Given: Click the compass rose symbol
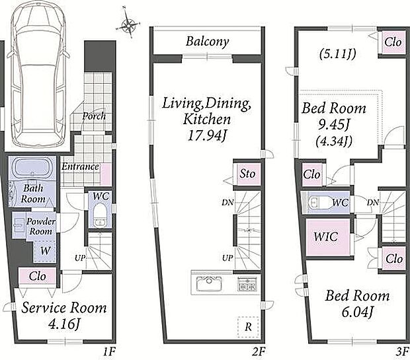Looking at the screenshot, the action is pyautogui.click(x=128, y=24).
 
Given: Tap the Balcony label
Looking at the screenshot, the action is pyautogui.click(x=208, y=42).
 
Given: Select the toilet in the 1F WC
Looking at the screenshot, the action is pyautogui.click(x=99, y=214).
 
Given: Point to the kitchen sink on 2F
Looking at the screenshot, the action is pyautogui.click(x=209, y=283).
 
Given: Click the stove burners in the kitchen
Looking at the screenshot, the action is pyautogui.click(x=247, y=284).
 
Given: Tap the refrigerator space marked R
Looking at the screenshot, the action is pyautogui.click(x=248, y=327).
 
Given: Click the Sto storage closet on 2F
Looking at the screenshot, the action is pyautogui.click(x=247, y=174).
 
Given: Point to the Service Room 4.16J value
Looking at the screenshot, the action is pyautogui.click(x=64, y=324).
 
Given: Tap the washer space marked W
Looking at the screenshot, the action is pyautogui.click(x=45, y=251).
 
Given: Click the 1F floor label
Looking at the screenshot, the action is pyautogui.click(x=108, y=352).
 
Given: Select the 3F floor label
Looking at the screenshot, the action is pyautogui.click(x=402, y=352).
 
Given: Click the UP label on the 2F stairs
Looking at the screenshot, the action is pyautogui.click(x=227, y=258).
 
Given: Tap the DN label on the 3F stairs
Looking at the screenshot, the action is pyautogui.click(x=373, y=202).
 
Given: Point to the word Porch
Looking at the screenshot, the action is pyautogui.click(x=95, y=116).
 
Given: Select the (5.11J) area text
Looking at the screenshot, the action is pyautogui.click(x=337, y=54).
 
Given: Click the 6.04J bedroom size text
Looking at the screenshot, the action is pyautogui.click(x=358, y=312).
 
